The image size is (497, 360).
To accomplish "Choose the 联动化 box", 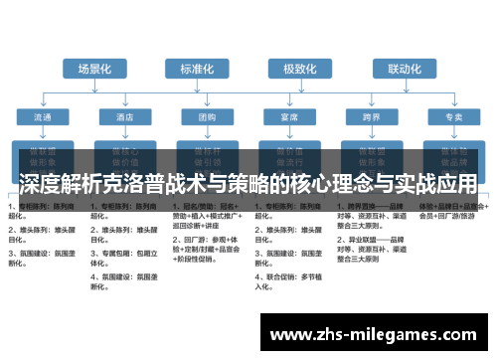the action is (x=404, y=69).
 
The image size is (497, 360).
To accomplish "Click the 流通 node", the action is (x=44, y=117).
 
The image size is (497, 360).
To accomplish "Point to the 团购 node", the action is (x=207, y=117).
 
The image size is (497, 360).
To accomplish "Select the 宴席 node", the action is (x=289, y=117).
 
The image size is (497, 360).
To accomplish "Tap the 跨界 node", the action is (x=371, y=117).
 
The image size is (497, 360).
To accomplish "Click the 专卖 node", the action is (x=452, y=117).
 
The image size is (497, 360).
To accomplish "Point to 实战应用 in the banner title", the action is (x=430, y=185).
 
